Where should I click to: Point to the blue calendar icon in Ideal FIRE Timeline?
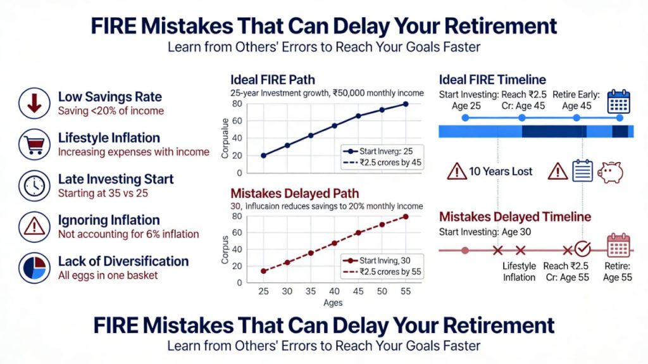618,101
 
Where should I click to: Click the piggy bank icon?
611,172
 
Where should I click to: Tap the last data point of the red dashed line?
406,217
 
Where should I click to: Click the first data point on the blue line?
263,156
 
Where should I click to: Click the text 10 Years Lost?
501,172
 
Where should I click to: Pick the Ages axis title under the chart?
333,303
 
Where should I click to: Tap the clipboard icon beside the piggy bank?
582,172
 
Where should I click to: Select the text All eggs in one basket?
108,275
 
